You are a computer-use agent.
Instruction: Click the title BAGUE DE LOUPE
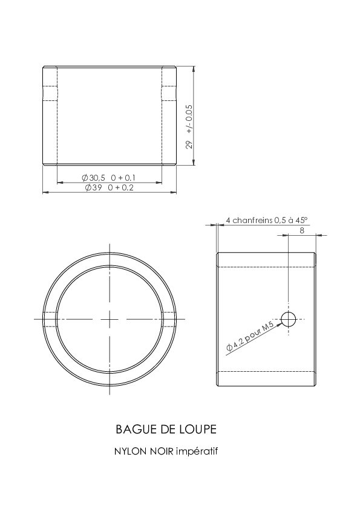point(166,429)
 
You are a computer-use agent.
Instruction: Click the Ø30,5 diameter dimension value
point(94,178)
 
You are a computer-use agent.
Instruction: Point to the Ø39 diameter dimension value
point(94,187)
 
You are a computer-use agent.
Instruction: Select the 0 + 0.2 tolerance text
point(120,187)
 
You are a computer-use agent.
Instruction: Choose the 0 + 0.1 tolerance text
point(123,178)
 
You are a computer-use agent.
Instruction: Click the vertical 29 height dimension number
point(189,144)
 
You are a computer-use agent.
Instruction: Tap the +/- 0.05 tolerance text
point(189,119)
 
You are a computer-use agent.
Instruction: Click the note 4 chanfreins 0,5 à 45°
point(266,220)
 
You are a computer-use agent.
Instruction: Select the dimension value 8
point(302,230)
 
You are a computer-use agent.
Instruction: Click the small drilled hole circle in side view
point(288,319)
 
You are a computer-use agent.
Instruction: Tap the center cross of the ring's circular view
point(110,319)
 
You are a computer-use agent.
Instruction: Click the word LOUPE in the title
point(198,429)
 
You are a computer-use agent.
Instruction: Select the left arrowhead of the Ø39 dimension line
point(45,192)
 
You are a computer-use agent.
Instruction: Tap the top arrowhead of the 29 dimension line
point(194,69)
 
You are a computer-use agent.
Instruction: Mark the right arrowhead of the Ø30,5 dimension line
point(159,183)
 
